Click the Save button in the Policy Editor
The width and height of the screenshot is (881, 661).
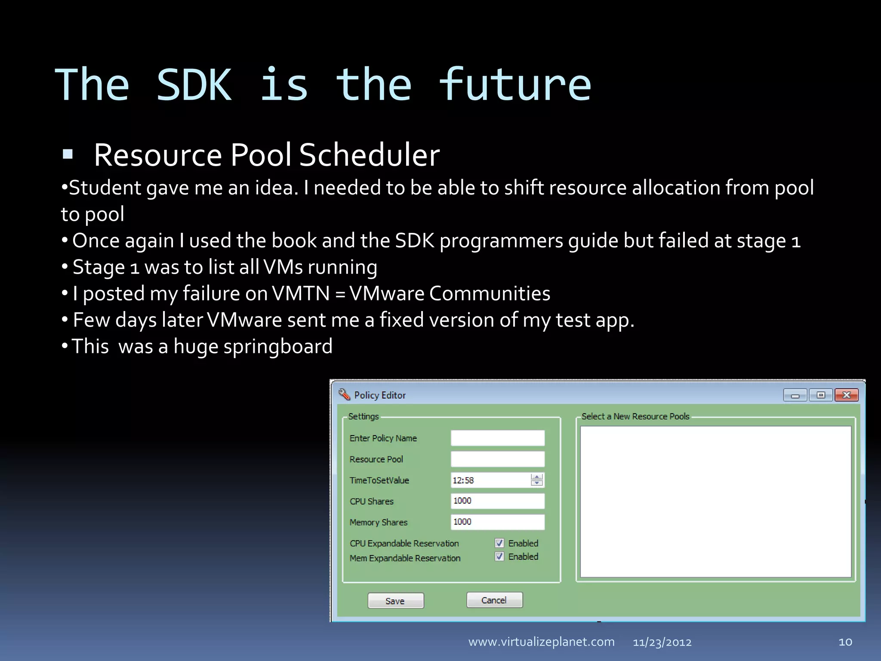(x=395, y=601)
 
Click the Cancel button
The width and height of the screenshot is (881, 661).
(x=494, y=600)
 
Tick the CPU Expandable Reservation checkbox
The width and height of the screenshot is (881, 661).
(x=499, y=543)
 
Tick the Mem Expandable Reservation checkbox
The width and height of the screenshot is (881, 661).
(x=499, y=556)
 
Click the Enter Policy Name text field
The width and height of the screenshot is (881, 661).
(x=497, y=438)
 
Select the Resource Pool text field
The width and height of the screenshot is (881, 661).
(x=497, y=459)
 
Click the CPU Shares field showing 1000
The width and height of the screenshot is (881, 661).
(x=497, y=501)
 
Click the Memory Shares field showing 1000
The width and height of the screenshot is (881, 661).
(x=497, y=522)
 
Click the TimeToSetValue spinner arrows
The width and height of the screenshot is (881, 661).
(x=536, y=480)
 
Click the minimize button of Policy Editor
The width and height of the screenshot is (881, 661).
(x=795, y=395)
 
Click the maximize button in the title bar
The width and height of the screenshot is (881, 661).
(x=821, y=395)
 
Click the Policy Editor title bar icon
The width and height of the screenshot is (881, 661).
(x=344, y=394)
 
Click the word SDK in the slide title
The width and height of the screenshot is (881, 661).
(x=194, y=85)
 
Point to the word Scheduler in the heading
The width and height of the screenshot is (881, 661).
(x=369, y=155)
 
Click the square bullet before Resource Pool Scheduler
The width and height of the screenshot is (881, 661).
(x=68, y=154)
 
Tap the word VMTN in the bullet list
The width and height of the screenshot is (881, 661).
(x=301, y=293)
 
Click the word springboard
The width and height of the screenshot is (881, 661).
(x=278, y=346)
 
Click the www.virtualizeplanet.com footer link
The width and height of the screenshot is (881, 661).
(x=541, y=642)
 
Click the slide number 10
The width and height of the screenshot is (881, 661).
(x=845, y=642)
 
